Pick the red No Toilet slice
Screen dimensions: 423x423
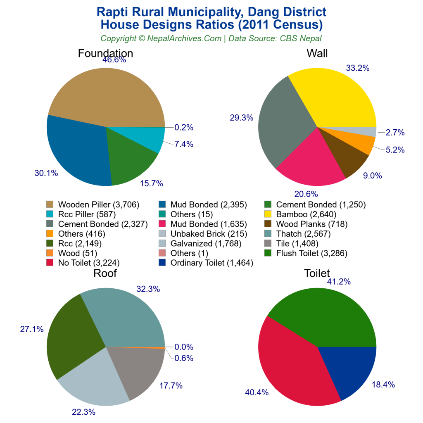(293, 364)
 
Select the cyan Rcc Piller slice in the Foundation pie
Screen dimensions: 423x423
(149, 138)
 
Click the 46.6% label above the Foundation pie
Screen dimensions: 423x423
(114, 59)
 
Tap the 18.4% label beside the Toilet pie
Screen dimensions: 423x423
(383, 385)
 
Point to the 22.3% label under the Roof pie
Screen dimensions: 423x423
(83, 412)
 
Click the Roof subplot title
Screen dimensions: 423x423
(105, 273)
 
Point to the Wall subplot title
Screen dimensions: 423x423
(317, 53)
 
